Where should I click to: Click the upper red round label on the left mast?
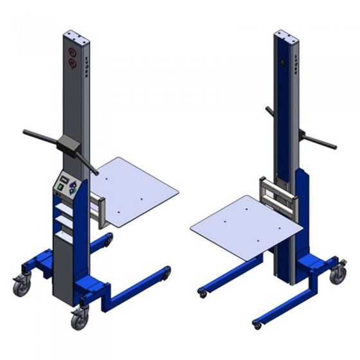tap(71, 50)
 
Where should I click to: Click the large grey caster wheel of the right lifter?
tap(337, 274)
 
